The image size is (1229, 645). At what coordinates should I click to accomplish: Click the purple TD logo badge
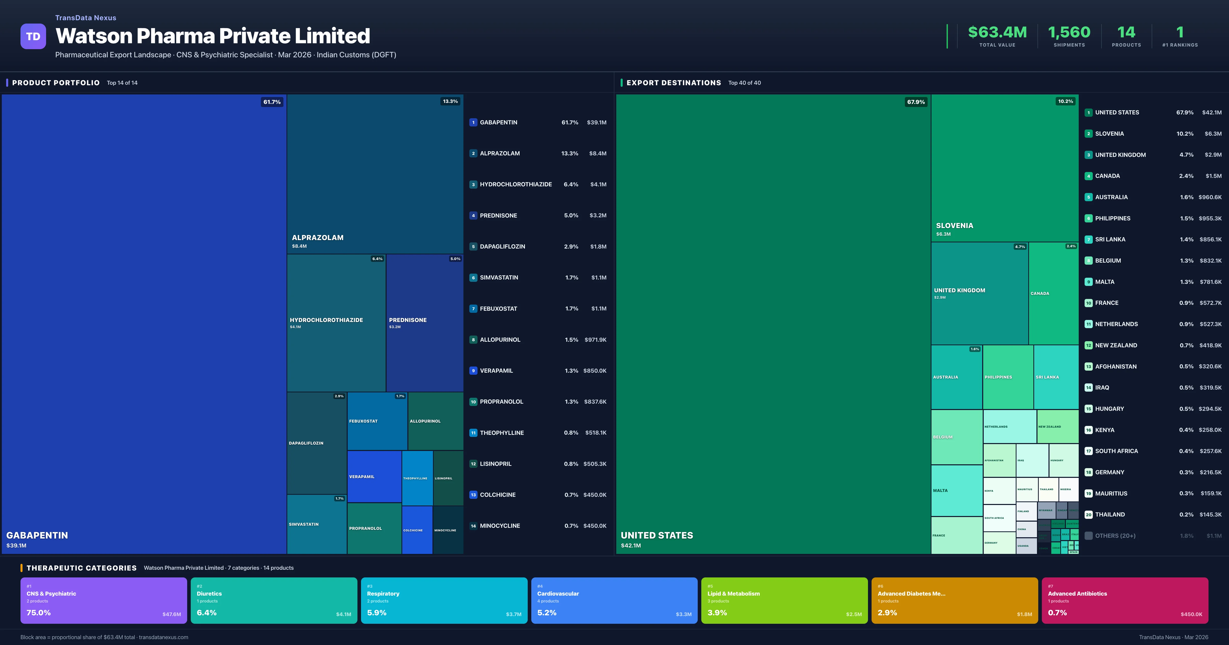[x=33, y=36]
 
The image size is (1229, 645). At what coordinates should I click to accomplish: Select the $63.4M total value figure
[x=997, y=33]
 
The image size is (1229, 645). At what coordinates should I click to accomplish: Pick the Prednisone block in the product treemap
[x=424, y=322]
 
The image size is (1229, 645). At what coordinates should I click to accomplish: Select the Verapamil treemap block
[x=374, y=476]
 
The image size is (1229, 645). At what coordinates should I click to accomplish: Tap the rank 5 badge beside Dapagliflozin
[x=473, y=247]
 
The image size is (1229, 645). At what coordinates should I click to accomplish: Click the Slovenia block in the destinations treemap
[x=1004, y=168]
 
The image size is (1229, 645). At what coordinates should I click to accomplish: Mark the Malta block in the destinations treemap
[x=956, y=490]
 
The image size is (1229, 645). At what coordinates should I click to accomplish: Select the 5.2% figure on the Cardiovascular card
[x=547, y=612]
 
